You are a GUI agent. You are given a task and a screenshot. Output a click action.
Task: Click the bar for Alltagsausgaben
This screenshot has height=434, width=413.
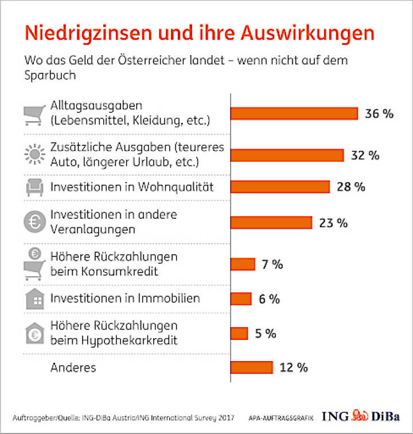tap(294, 114)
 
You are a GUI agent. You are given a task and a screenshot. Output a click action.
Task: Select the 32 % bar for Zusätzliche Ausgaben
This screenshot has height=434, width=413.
tap(287, 156)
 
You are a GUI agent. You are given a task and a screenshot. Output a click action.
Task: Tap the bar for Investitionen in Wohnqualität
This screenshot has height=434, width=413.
tap(280, 187)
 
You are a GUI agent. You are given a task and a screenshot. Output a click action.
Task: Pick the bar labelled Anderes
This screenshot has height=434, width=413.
tap(251, 367)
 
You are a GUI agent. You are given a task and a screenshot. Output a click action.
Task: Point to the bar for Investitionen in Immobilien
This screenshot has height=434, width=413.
tap(241, 299)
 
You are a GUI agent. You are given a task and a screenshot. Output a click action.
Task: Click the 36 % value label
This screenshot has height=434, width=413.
tap(379, 114)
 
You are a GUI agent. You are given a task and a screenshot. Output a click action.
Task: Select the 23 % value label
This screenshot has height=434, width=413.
tap(333, 223)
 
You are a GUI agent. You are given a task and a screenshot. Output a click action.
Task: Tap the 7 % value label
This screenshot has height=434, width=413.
tap(272, 265)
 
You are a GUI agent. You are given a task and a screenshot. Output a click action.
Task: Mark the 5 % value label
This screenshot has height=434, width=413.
tap(266, 334)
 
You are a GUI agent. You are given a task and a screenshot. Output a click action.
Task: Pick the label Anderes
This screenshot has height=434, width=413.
tap(72, 367)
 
